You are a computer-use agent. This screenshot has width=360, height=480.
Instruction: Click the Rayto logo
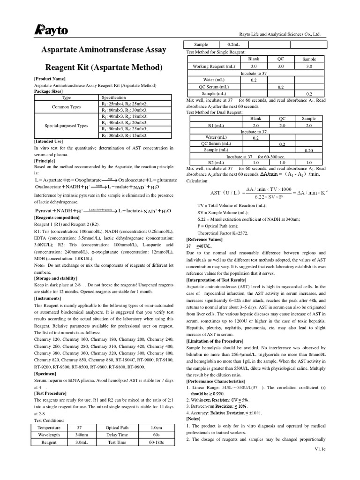point(52,30)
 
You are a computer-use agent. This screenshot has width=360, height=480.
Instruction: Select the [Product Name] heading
point(50,79)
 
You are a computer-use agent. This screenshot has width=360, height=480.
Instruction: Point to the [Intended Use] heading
point(48,141)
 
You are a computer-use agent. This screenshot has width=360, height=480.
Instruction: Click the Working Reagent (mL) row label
point(214,67)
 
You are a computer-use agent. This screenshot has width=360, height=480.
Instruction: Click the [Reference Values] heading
point(205,240)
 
